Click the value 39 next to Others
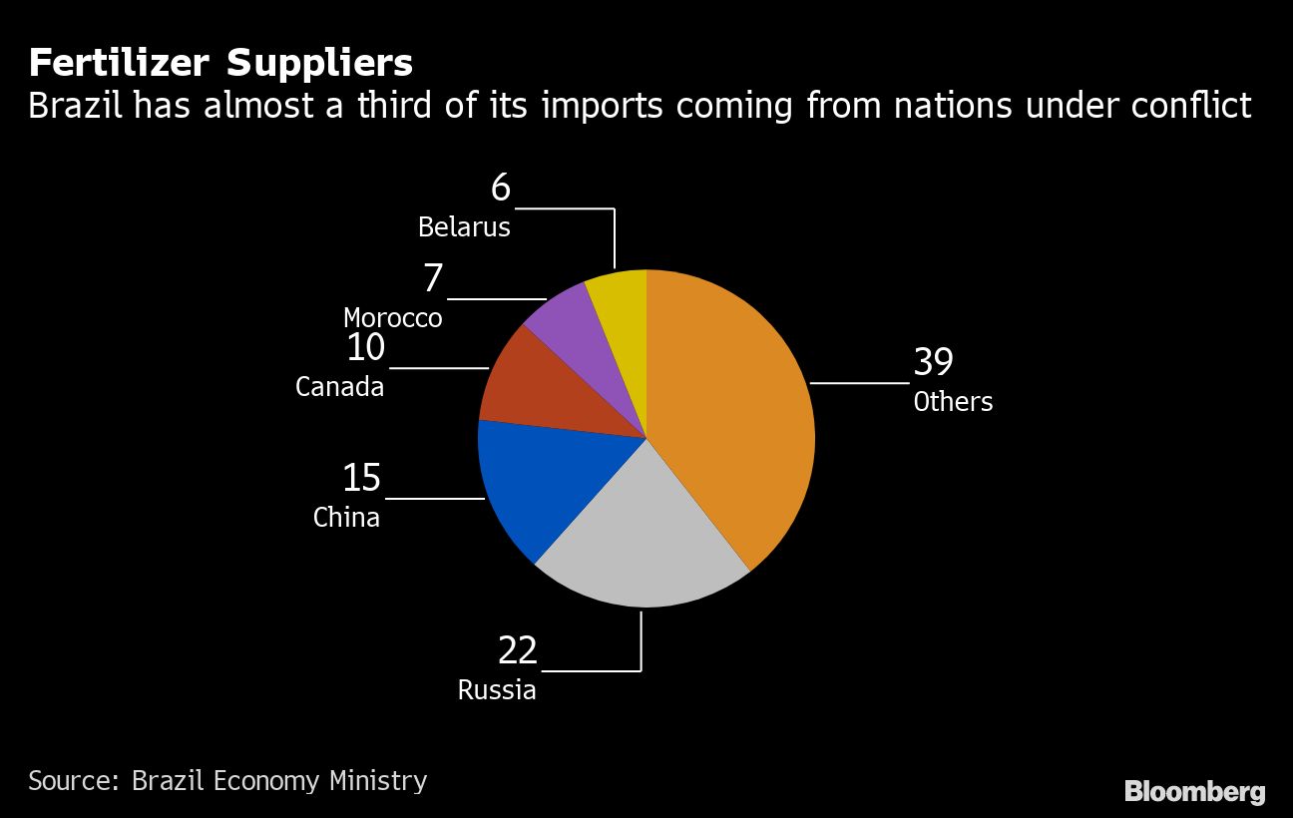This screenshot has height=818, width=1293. [x=934, y=363]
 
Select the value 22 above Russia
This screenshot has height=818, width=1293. [x=518, y=650]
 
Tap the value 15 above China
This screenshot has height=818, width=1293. [x=361, y=478]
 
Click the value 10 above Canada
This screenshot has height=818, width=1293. [x=365, y=348]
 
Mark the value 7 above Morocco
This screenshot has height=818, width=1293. [x=432, y=278]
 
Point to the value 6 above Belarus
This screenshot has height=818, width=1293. [x=500, y=188]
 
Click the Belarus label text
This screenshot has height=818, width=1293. [x=464, y=227]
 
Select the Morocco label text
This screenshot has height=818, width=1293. [x=392, y=318]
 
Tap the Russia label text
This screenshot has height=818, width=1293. [x=497, y=690]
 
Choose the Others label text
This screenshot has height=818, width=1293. [x=953, y=402]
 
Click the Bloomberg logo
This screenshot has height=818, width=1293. [x=1194, y=792]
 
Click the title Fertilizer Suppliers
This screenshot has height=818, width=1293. [x=220, y=63]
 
